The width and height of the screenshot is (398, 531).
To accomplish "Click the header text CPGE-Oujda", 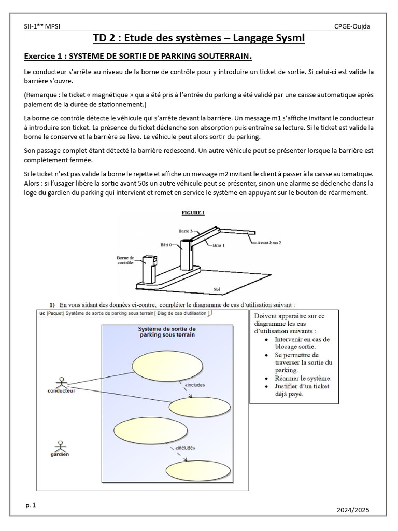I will point(352,26).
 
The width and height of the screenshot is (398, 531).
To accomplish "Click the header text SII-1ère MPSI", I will point(42,26).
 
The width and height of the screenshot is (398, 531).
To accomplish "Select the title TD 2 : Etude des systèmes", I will point(198,38).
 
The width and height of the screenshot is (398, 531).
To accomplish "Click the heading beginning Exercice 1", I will point(138,56).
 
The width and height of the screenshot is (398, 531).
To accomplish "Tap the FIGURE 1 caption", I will point(193,213).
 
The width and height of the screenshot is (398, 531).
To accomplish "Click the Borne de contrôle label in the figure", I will point(125,260).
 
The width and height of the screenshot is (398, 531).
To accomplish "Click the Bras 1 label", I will point(220,246).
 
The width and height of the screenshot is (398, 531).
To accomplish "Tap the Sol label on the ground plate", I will point(217,289).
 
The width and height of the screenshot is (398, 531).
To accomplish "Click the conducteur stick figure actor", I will point(62,383).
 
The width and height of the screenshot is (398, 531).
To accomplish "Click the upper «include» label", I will point(195,385).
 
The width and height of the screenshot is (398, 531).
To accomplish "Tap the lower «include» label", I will point(185,448).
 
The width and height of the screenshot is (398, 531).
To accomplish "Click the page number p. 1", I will point(30,504).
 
